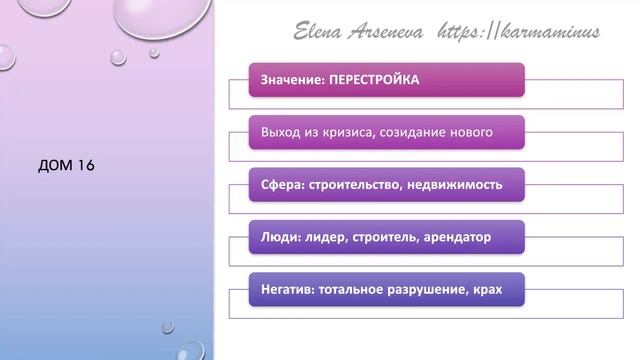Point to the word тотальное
(x=354, y=291)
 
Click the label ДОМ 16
(x=66, y=166)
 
